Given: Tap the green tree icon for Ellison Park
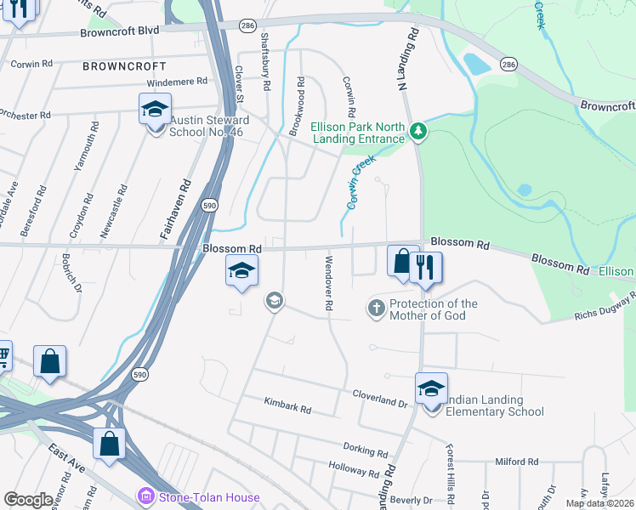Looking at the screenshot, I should click(x=417, y=132).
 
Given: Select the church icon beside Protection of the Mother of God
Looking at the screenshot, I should click(x=377, y=308).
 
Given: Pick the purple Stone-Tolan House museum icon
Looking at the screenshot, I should click(x=147, y=496).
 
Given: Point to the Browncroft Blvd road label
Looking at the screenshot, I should click(x=120, y=31).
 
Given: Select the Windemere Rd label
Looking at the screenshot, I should click(x=177, y=82).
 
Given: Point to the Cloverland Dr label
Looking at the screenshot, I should click(x=380, y=394).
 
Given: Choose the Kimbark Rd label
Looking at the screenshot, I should click(x=287, y=406).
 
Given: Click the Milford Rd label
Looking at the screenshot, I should click(x=516, y=462).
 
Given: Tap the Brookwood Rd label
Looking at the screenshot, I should click(x=294, y=106).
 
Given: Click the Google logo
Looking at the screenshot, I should click(x=28, y=500).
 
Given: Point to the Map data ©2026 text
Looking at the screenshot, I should click(x=600, y=503).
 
